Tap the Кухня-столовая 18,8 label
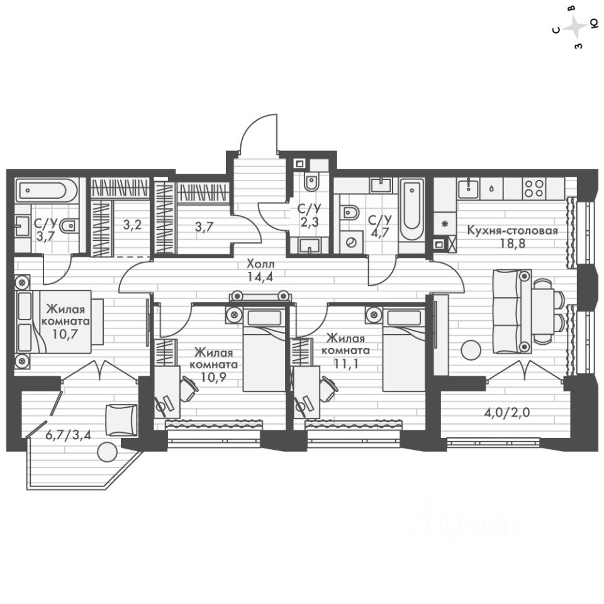click(512, 236)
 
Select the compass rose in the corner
click(575, 28)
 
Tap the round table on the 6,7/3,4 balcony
click(108, 452)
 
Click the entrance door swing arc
click(260, 133)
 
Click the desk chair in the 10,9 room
click(188, 388)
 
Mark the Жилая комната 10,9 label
click(215, 364)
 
